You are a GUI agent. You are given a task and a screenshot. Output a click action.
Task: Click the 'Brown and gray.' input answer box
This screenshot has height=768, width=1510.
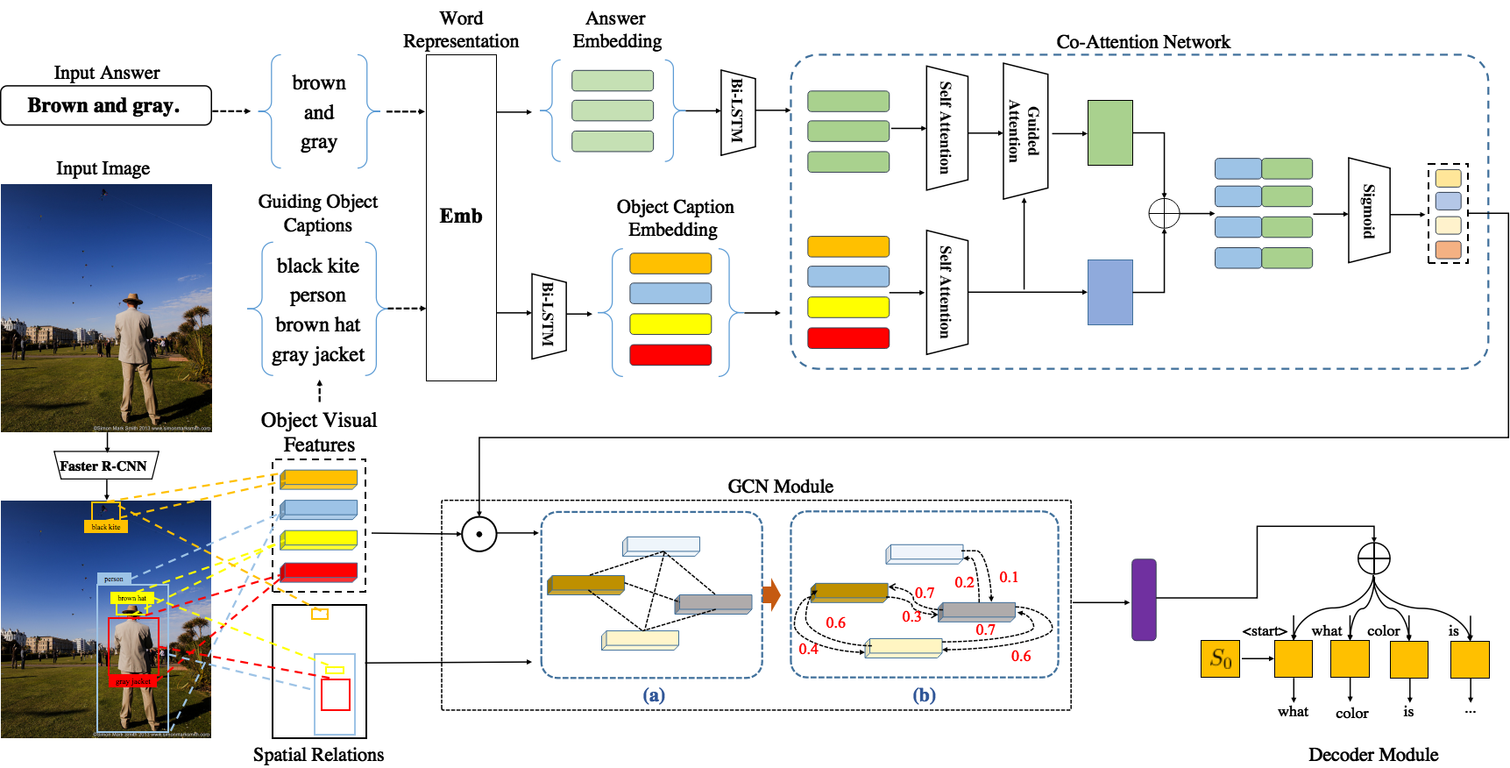click(106, 105)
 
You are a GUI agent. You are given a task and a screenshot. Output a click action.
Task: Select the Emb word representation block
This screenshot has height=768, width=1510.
click(461, 217)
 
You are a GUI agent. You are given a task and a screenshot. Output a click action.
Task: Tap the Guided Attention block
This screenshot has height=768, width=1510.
click(1024, 131)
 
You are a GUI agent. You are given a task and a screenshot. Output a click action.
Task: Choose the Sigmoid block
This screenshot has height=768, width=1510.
click(1368, 210)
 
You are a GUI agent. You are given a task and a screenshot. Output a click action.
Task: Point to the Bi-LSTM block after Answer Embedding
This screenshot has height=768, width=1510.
click(737, 111)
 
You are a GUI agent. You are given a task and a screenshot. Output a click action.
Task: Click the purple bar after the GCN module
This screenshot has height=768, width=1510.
click(1144, 600)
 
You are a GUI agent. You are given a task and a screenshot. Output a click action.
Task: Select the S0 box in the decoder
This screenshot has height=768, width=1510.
click(1220, 658)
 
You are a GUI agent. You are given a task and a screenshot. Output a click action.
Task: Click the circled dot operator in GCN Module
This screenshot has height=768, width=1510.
click(479, 533)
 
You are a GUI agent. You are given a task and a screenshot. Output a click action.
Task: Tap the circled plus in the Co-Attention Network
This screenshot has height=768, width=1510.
click(1164, 213)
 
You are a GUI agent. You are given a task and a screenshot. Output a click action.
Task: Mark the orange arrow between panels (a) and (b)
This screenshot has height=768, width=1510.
click(771, 594)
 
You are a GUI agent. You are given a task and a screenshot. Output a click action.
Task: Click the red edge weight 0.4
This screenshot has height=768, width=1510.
click(808, 649)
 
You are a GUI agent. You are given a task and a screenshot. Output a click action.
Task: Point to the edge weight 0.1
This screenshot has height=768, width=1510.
click(1009, 577)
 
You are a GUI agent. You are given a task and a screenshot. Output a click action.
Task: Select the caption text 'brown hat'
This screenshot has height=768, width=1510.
click(317, 325)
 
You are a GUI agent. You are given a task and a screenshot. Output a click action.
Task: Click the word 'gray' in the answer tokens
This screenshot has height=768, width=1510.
click(318, 142)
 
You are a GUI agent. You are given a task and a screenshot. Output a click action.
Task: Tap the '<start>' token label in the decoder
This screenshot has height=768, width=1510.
click(1264, 631)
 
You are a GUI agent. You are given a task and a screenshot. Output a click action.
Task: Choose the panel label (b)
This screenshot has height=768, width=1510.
click(925, 695)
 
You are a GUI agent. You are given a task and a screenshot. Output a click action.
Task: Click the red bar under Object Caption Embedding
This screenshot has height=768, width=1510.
click(670, 354)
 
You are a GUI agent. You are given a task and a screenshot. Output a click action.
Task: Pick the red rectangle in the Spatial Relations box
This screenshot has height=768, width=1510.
click(335, 694)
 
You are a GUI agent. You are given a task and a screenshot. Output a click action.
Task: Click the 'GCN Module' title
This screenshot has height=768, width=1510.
click(780, 487)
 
